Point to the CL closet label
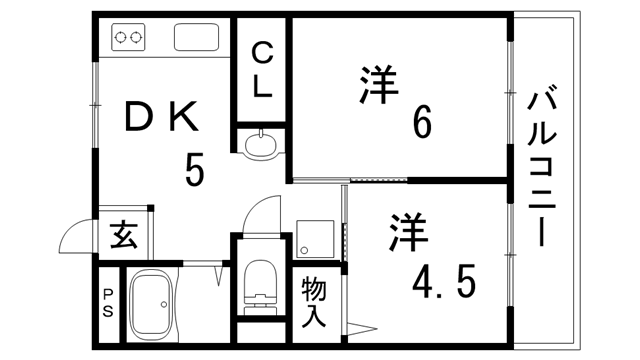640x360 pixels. [262, 68]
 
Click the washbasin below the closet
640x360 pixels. [261, 146]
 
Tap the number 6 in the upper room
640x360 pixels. [422, 123]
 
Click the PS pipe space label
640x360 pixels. [107, 303]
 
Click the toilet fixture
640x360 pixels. [260, 285]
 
